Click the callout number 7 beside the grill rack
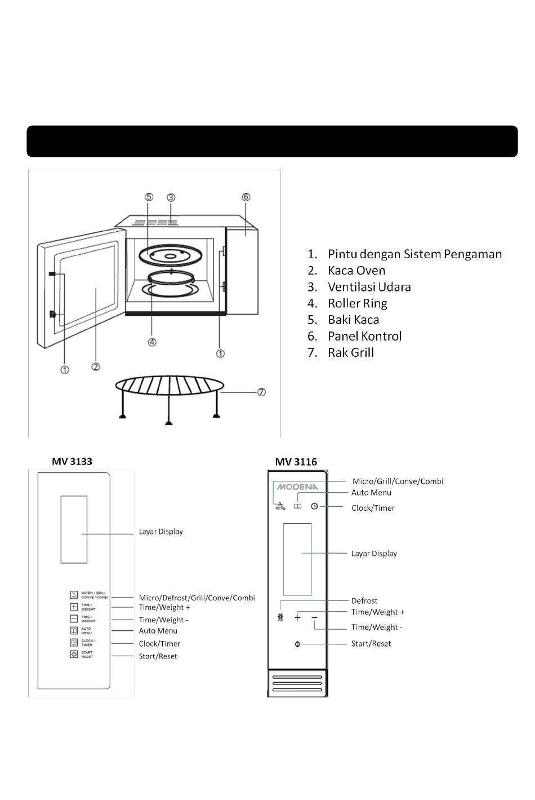click(x=261, y=392)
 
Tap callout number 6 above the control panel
click(x=246, y=197)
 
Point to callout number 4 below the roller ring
click(x=152, y=342)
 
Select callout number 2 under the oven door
click(x=96, y=367)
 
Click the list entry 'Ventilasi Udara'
click(x=369, y=287)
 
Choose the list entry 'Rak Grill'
click(x=350, y=353)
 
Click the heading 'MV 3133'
click(x=72, y=461)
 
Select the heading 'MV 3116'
click(x=296, y=462)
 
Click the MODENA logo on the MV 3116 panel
click(x=297, y=487)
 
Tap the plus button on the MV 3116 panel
click(x=297, y=617)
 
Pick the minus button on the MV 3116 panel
click(x=314, y=617)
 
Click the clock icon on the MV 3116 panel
click(x=314, y=506)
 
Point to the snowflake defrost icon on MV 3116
click(x=280, y=618)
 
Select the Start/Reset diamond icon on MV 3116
click(x=297, y=644)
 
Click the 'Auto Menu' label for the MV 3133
click(x=158, y=631)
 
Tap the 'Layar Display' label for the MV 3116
click(x=374, y=554)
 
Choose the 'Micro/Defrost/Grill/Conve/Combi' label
click(x=197, y=598)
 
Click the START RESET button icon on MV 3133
click(x=74, y=655)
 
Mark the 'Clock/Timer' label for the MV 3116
click(x=373, y=508)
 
